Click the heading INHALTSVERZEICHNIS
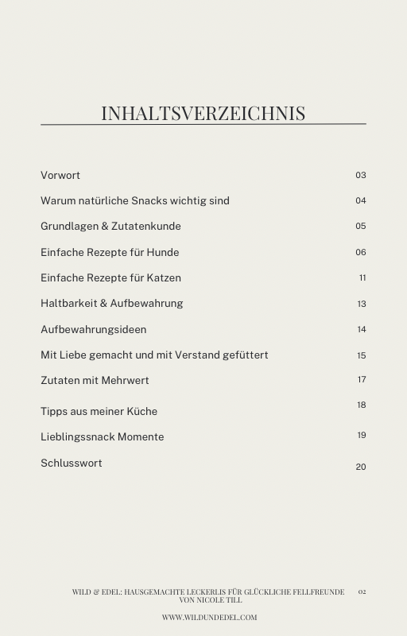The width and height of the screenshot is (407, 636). (203, 113)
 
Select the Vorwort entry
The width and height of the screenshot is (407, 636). (60, 175)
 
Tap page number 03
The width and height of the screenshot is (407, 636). (361, 175)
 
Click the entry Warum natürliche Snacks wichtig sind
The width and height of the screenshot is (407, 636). (135, 200)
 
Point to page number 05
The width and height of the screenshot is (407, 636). (361, 227)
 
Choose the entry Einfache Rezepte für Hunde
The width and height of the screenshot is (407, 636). (110, 252)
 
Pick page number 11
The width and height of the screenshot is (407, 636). (362, 278)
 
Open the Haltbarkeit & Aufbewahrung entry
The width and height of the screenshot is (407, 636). (112, 303)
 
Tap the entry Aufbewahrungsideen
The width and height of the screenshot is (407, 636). (94, 329)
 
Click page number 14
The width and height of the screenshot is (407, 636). (362, 330)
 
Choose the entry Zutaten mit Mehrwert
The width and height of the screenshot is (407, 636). (95, 380)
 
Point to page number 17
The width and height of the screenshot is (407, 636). (362, 380)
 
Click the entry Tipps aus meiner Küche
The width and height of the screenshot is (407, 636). (99, 411)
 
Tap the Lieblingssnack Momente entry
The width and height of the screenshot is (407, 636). (103, 436)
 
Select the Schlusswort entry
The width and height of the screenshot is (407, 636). (72, 463)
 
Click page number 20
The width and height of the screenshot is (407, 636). (361, 467)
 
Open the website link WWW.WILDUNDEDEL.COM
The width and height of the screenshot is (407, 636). (209, 617)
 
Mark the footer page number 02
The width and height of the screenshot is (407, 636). (362, 591)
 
